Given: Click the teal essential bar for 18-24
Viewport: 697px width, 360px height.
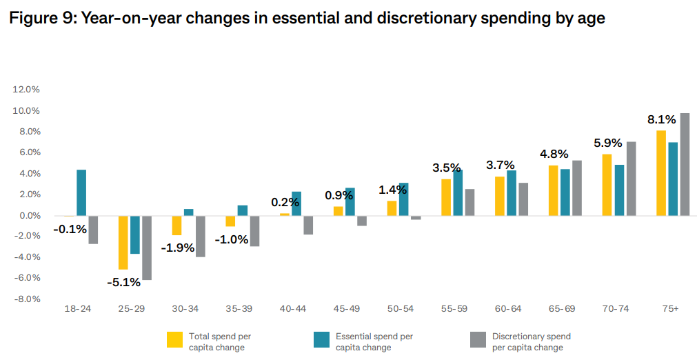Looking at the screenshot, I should tap(81, 192).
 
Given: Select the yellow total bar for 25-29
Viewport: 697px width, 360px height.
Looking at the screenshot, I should tap(123, 242).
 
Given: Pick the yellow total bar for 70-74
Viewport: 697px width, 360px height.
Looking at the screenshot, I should tap(607, 185).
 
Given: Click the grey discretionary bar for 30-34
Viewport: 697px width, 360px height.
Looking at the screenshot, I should tap(201, 236).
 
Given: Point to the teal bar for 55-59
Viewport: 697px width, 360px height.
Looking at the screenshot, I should tap(458, 192).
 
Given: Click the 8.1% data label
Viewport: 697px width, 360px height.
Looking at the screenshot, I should tap(660, 119).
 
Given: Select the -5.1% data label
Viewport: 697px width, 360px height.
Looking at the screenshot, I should tap(123, 282).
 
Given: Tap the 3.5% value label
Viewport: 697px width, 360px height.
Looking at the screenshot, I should tap(446, 168).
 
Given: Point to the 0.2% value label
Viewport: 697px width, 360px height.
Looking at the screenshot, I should tap(285, 202).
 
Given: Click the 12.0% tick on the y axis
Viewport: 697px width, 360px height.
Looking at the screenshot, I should tap(26, 90).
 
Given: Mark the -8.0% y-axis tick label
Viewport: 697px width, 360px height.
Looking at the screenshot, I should tap(26, 299).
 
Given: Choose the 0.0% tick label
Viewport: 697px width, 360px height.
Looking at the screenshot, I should tap(28, 216).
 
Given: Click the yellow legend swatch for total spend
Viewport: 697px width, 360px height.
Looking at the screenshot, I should tap(174, 341).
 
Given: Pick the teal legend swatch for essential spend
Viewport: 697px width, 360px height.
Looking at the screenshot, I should tap(321, 341).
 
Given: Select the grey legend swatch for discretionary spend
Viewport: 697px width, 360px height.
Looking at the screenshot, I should tap(477, 341).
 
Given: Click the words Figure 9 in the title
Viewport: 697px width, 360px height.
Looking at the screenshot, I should tap(39, 19).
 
